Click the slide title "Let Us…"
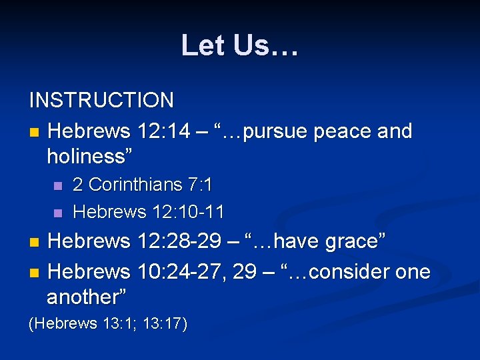pos(240,45)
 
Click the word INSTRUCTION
pos(101,101)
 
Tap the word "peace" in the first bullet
pos(340,131)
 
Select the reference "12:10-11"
pos(188,212)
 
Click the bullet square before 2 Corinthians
pos(57,185)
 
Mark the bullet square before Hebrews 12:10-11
pos(57,213)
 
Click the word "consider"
pos(349,272)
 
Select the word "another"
pos(86,297)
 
